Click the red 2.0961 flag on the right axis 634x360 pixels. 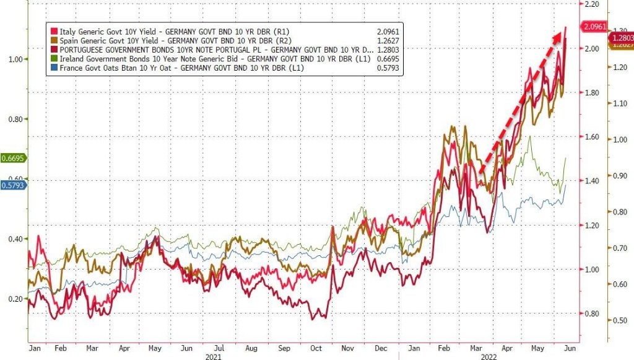click(594, 27)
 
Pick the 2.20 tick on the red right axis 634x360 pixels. click(593, 4)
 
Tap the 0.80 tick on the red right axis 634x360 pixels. click(593, 314)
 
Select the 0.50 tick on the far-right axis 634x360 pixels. click(621, 320)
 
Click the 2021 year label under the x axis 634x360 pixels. click(214, 356)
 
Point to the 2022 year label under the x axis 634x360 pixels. click(488, 356)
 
